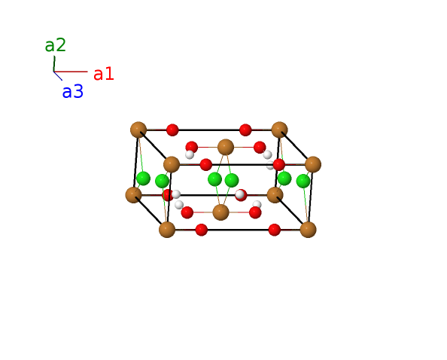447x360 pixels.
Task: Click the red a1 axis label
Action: coord(104,74)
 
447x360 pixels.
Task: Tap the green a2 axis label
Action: coord(55,45)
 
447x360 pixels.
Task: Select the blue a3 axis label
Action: coord(73,92)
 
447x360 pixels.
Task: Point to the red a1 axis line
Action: coord(71,72)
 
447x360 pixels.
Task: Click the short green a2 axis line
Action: coord(54,63)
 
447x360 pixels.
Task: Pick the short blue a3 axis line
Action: coord(58,75)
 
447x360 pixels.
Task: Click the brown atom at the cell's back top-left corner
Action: coord(138,130)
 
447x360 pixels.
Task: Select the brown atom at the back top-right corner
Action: coord(279,130)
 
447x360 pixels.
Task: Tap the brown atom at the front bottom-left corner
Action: coord(167,230)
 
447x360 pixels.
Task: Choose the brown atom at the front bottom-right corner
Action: coord(309,230)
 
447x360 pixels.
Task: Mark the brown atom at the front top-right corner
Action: coord(313,164)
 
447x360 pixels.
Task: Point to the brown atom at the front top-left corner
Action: coord(172,164)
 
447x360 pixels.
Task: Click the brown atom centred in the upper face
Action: coord(226,147)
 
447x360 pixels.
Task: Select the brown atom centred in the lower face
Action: coord(221,212)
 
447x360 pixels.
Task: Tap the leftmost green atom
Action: coord(143,178)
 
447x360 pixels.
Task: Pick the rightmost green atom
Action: coord(303,181)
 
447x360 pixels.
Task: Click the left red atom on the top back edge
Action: coord(172,130)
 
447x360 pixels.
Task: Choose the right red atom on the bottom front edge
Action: coord(275,230)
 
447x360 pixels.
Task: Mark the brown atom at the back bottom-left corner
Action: coord(133,195)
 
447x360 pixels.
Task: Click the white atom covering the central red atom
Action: coord(240,194)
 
